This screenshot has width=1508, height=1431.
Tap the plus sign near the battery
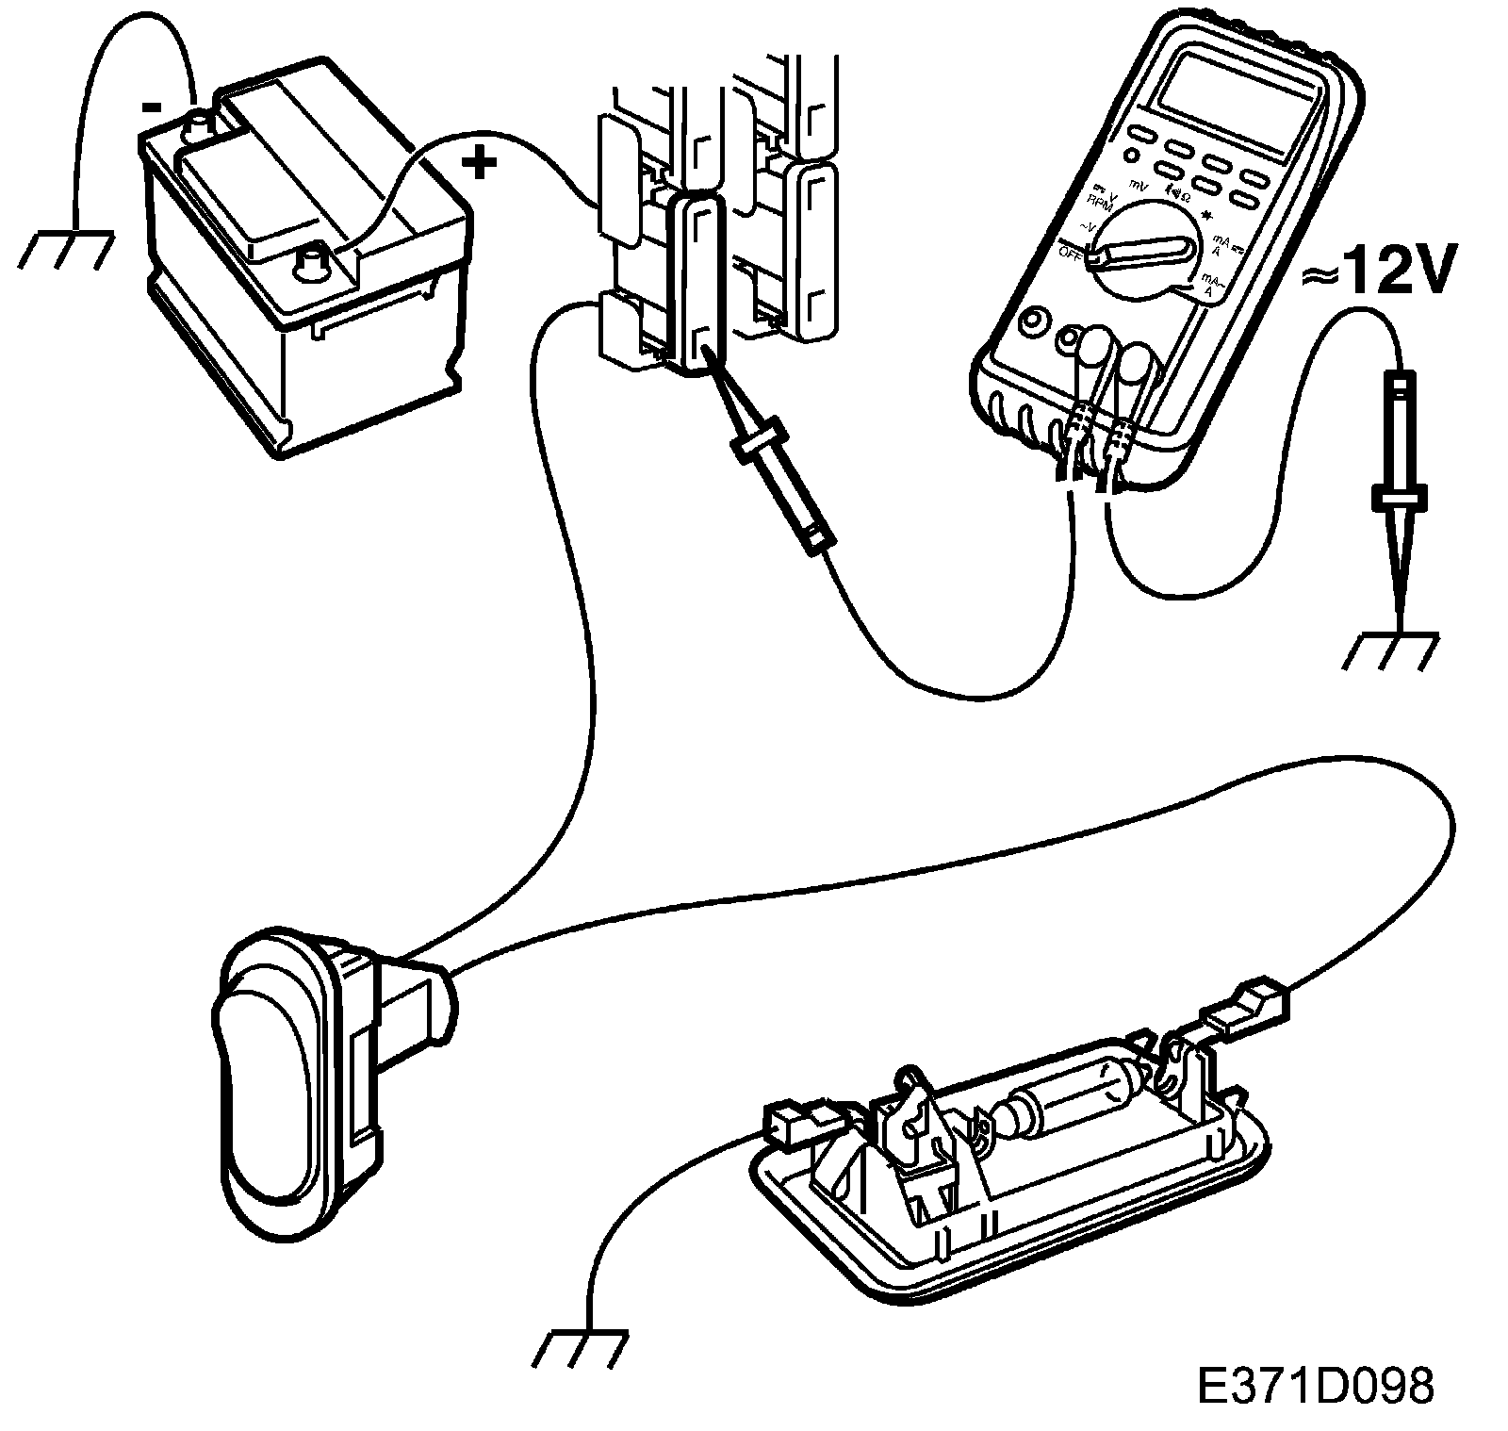click(478, 165)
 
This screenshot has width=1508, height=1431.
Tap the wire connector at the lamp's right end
click(1244, 1005)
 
